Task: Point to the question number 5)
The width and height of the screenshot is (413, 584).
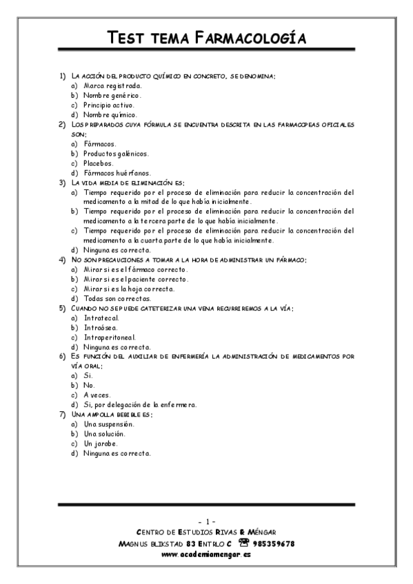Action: pyautogui.click(x=62, y=309)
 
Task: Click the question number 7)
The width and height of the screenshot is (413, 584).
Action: pyautogui.click(x=62, y=415)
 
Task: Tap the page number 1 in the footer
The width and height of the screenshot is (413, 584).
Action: pyautogui.click(x=206, y=520)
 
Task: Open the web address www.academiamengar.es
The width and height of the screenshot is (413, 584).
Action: pyautogui.click(x=206, y=554)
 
